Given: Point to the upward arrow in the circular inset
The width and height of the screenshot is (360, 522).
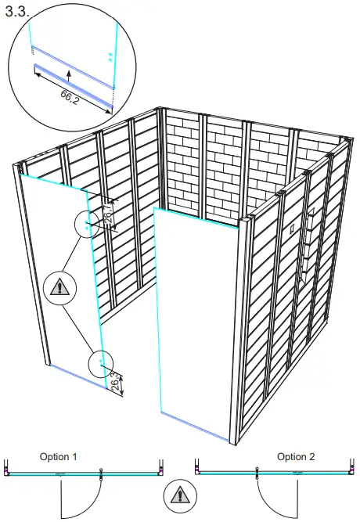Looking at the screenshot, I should pos(68,75).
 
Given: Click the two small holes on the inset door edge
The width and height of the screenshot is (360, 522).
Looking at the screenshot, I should pos(110,56).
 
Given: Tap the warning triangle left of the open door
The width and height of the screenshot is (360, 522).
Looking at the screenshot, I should pos(59,288).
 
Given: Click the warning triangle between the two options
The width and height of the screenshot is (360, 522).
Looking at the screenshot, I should pos(179,496).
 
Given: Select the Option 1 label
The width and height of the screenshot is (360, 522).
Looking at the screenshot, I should pos(59,456).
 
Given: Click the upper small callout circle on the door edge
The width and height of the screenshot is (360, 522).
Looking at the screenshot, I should pos(88,224).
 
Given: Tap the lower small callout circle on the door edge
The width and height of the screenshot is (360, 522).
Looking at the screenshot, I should pos(100,363).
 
